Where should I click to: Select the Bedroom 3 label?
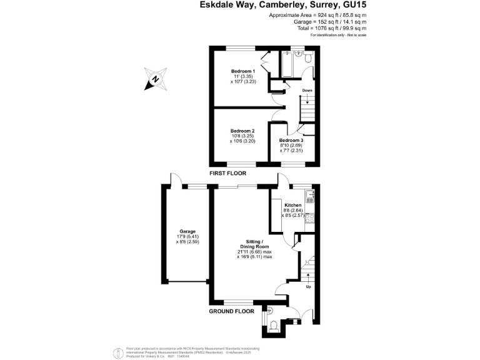pos(291,140)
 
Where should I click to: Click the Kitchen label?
pos(293,205)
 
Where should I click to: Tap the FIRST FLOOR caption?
pos(228,173)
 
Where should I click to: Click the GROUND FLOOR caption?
pos(231,311)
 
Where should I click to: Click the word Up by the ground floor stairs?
pos(307,287)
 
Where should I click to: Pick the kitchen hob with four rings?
pos(311,219)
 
